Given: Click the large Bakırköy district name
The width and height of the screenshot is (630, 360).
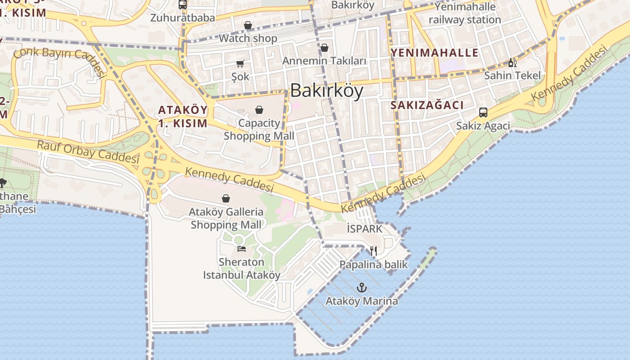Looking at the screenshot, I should click(326, 91).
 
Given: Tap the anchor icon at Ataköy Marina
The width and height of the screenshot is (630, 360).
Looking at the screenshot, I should click(362, 288).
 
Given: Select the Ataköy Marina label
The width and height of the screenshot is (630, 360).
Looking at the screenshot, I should click(362, 301).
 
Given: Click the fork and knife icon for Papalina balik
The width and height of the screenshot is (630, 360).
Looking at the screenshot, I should click(373, 251).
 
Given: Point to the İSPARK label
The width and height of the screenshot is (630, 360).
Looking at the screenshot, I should click(364, 229).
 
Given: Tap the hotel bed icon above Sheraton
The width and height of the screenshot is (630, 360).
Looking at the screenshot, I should click(242, 248).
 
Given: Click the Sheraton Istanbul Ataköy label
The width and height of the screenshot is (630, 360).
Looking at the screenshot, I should click(242, 268).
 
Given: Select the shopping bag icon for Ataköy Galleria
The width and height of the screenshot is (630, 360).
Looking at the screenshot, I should click(226, 198).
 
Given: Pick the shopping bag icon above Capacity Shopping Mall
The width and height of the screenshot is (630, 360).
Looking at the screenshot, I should click(259, 110).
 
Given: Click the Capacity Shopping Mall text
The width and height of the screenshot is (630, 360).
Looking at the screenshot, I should click(259, 129).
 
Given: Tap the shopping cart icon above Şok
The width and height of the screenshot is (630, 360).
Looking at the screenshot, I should click(240, 64).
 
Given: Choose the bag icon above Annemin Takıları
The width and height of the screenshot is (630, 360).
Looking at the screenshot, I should click(324, 47).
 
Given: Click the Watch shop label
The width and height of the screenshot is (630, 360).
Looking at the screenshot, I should click(248, 38).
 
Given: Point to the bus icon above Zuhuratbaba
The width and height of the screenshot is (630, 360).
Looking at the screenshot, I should click(182, 5).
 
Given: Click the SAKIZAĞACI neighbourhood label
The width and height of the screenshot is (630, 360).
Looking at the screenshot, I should click(427, 105).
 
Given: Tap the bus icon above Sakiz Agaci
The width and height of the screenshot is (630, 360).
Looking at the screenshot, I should click(483, 112).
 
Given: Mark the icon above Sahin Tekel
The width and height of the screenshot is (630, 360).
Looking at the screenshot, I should click(512, 63).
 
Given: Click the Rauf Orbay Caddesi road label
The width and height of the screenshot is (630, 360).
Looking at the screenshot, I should click(88, 152).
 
